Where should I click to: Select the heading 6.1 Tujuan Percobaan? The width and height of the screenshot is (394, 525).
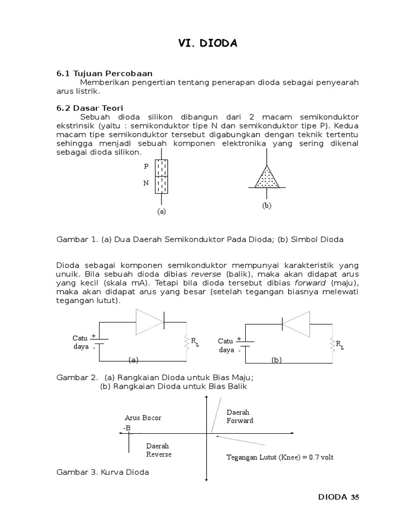click(x=105, y=74)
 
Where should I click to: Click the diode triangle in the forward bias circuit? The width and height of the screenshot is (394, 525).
click(x=149, y=321)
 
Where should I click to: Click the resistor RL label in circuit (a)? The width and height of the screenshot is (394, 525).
click(x=194, y=342)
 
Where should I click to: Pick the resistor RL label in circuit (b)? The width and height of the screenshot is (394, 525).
click(x=339, y=345)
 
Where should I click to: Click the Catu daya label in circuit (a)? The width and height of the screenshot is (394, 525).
click(x=81, y=342)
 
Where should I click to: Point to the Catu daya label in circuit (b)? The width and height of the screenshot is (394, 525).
click(x=226, y=346)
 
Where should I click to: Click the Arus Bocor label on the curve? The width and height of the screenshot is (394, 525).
click(x=143, y=418)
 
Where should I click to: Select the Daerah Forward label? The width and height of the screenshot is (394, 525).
click(x=240, y=416)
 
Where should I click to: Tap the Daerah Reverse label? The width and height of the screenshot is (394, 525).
click(x=159, y=450)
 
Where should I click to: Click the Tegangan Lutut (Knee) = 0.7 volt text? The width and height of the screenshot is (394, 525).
click(x=280, y=457)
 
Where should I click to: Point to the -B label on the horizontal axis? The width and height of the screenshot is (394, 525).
click(x=127, y=428)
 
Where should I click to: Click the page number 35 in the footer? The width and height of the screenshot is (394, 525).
click(x=356, y=497)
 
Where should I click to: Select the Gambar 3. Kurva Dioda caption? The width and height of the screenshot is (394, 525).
click(x=103, y=472)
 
